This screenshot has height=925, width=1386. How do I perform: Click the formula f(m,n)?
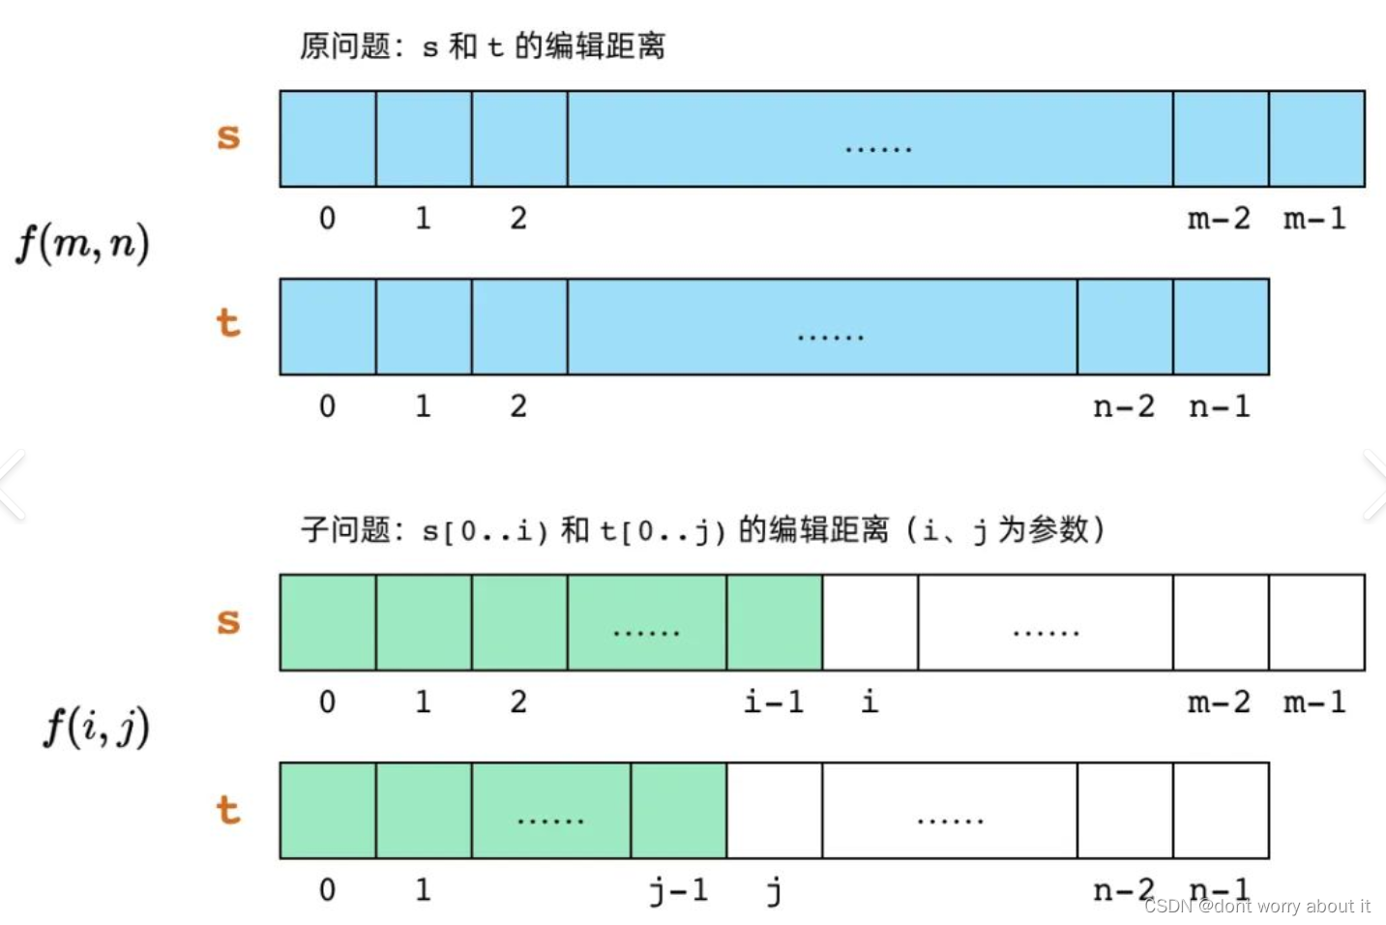(x=83, y=242)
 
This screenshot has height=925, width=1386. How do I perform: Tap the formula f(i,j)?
(x=97, y=726)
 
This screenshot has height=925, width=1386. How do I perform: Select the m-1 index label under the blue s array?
(x=1314, y=219)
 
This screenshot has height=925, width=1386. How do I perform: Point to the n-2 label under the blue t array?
(x=1124, y=406)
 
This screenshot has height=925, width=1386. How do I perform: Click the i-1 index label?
(x=774, y=701)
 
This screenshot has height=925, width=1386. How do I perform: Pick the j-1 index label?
(x=679, y=890)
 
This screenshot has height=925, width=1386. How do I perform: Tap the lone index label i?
(x=870, y=701)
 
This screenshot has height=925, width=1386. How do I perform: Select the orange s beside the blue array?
(x=228, y=137)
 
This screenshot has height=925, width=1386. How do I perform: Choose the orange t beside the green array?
(x=228, y=810)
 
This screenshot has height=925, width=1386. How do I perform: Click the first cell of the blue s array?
(x=328, y=138)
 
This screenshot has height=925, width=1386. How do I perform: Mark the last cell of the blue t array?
(x=1221, y=327)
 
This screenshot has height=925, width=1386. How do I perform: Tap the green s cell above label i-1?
(x=774, y=622)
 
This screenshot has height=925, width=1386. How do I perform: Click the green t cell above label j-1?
(x=679, y=811)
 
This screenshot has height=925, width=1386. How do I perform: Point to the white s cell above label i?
(x=870, y=622)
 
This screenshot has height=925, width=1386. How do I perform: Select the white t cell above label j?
(x=774, y=811)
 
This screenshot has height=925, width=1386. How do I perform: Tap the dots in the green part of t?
(x=550, y=821)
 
